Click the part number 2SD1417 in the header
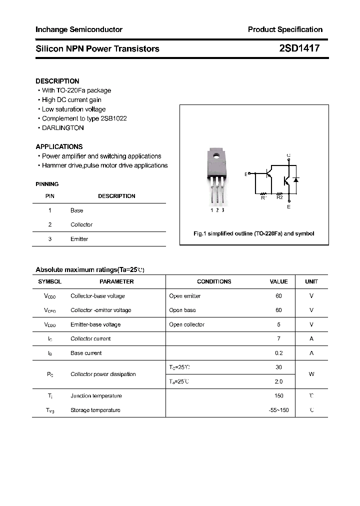click(x=299, y=48)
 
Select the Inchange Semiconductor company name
click(x=79, y=29)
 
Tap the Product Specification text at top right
click(x=285, y=29)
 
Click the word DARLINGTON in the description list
click(x=62, y=128)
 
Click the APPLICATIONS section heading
click(x=59, y=147)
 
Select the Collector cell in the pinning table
click(x=81, y=225)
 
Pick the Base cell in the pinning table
click(x=76, y=210)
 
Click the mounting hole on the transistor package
click(x=217, y=156)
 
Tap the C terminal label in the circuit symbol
click(x=288, y=155)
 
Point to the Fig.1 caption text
click(x=253, y=233)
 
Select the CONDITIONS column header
click(x=214, y=281)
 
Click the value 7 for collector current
click(x=278, y=339)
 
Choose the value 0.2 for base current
click(x=278, y=353)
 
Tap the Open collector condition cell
click(x=186, y=324)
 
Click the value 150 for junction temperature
click(x=278, y=396)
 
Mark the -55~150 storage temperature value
click(x=278, y=410)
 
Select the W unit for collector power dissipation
click(x=311, y=374)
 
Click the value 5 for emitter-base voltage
click(x=278, y=324)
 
